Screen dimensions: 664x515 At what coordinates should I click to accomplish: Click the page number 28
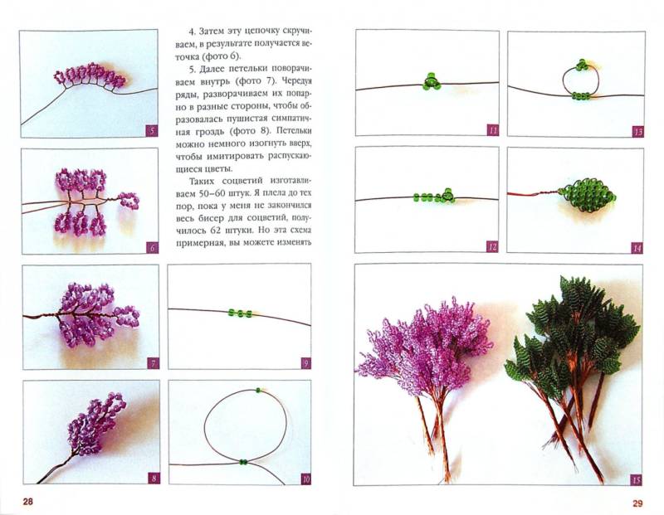(x=28, y=503)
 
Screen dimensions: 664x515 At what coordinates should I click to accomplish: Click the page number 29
(x=637, y=503)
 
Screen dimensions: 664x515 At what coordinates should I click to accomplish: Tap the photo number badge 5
(x=152, y=131)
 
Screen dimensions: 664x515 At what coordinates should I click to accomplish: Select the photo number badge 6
(x=153, y=248)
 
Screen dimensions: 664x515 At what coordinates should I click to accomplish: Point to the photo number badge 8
(x=154, y=479)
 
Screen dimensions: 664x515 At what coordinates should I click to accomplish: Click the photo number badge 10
(x=305, y=479)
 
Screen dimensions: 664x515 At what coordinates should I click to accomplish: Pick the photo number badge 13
(x=637, y=131)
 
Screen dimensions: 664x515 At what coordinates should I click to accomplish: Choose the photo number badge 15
(x=636, y=479)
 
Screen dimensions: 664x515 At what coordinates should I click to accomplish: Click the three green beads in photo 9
(x=240, y=313)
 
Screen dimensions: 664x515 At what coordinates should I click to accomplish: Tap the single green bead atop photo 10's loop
(x=258, y=391)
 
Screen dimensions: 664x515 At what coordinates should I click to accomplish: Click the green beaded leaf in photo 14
(x=587, y=196)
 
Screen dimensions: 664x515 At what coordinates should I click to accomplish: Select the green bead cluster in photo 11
(x=432, y=81)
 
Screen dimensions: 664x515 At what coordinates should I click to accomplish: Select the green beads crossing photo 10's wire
(x=243, y=462)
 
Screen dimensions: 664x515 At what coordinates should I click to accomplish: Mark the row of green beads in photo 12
(x=434, y=196)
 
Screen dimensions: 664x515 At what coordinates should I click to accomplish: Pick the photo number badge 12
(x=492, y=246)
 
